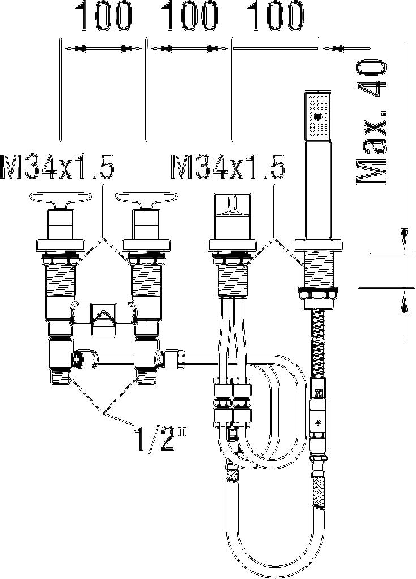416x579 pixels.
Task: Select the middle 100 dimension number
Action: [190, 16]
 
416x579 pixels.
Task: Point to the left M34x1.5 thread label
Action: [57, 166]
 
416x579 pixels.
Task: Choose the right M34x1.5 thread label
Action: [228, 166]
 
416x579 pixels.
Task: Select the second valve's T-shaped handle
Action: [146, 200]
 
